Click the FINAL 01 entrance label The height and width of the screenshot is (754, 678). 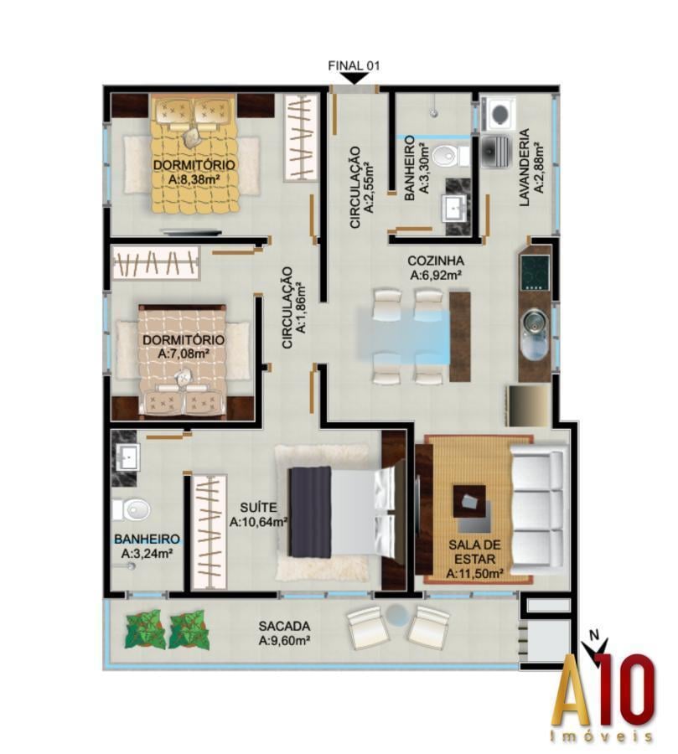click(x=355, y=65)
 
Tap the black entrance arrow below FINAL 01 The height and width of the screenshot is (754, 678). click(x=355, y=78)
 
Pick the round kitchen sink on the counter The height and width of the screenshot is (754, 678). click(x=535, y=321)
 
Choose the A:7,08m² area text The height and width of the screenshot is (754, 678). click(x=184, y=354)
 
